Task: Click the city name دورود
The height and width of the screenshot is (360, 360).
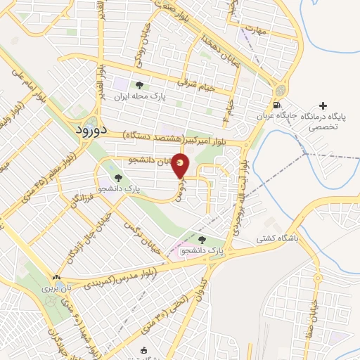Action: (x=91, y=131)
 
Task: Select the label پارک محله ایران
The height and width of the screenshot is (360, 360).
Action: (x=139, y=97)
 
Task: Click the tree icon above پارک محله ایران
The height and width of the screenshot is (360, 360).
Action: (x=139, y=86)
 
